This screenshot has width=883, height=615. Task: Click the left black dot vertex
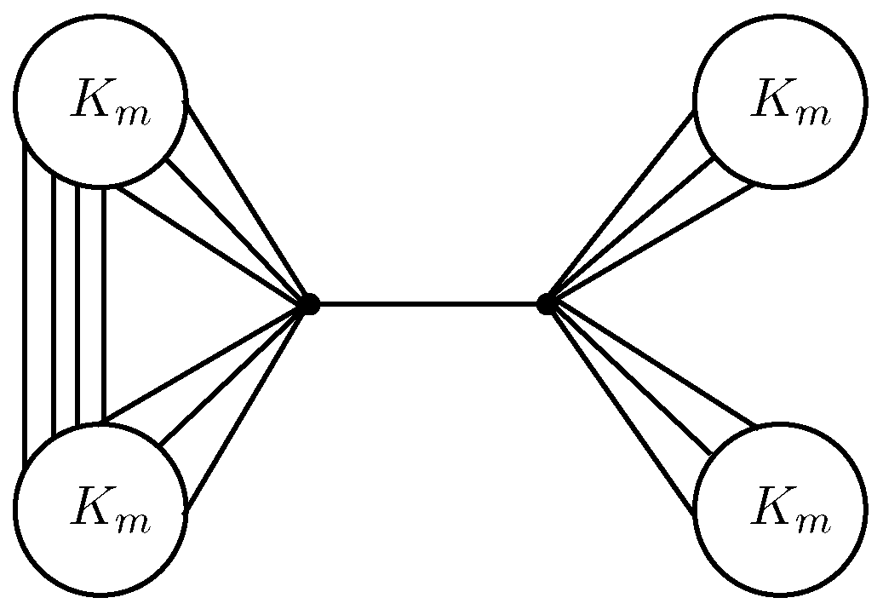[309, 303]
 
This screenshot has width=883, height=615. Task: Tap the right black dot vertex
[547, 303]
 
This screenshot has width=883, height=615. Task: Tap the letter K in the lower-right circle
[771, 509]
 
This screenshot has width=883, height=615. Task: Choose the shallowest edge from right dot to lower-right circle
[651, 364]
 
